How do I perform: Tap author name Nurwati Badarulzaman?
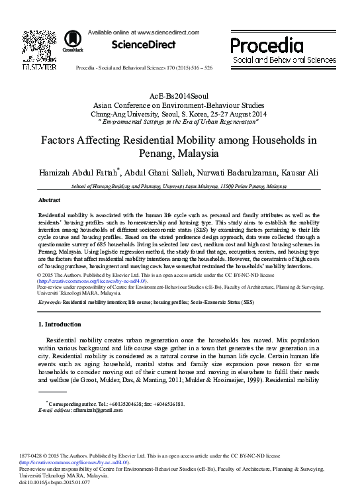235,173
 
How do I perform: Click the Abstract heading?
49,199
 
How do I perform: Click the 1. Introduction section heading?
60,324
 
